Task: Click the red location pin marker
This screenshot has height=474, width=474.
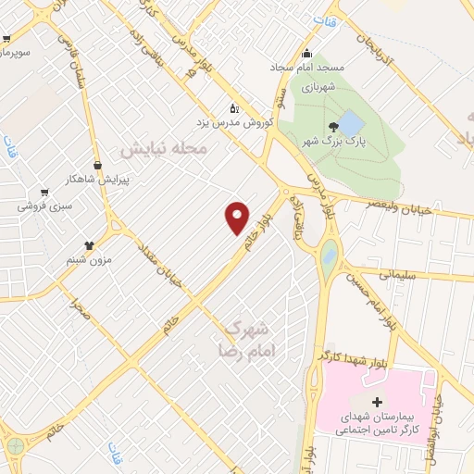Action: (x=238, y=217)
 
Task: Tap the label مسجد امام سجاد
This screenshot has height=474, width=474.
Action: (x=331, y=69)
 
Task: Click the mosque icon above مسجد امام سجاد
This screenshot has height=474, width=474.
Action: (x=306, y=53)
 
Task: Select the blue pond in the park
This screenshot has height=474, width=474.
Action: (x=351, y=122)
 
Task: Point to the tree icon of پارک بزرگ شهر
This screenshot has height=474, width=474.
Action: (x=332, y=127)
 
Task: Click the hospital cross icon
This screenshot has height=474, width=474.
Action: (x=377, y=403)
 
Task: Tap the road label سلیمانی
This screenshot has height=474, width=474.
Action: (x=399, y=273)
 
